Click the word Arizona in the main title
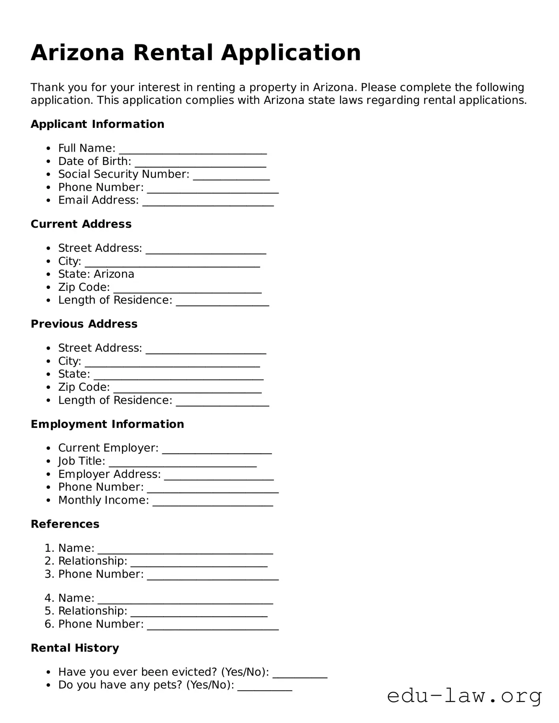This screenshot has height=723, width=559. tap(77, 53)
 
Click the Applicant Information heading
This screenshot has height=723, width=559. tap(97, 124)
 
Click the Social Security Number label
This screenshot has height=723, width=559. tap(124, 174)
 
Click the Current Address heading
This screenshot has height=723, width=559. tap(81, 224)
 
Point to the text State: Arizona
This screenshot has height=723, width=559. tap(96, 274)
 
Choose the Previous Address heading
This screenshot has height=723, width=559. tap(84, 324)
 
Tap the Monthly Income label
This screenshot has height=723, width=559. tap(103, 500)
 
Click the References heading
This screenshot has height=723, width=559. tap(65, 524)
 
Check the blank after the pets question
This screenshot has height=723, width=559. tap(264, 687)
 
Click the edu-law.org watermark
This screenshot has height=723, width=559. tap(464, 696)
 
